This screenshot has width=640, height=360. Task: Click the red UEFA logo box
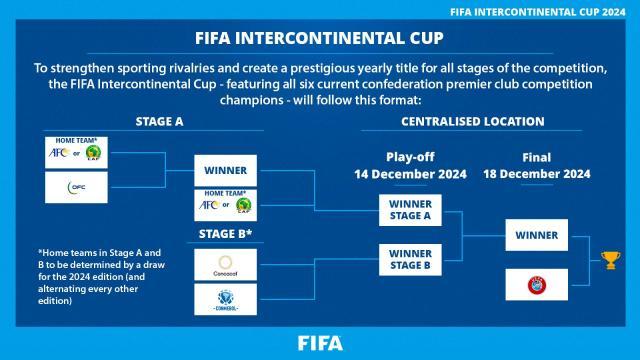[537, 283]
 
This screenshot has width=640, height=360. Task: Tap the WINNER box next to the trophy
[537, 236]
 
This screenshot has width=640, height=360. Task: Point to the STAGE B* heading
[225, 236]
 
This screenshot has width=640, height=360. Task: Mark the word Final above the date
[537, 158]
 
